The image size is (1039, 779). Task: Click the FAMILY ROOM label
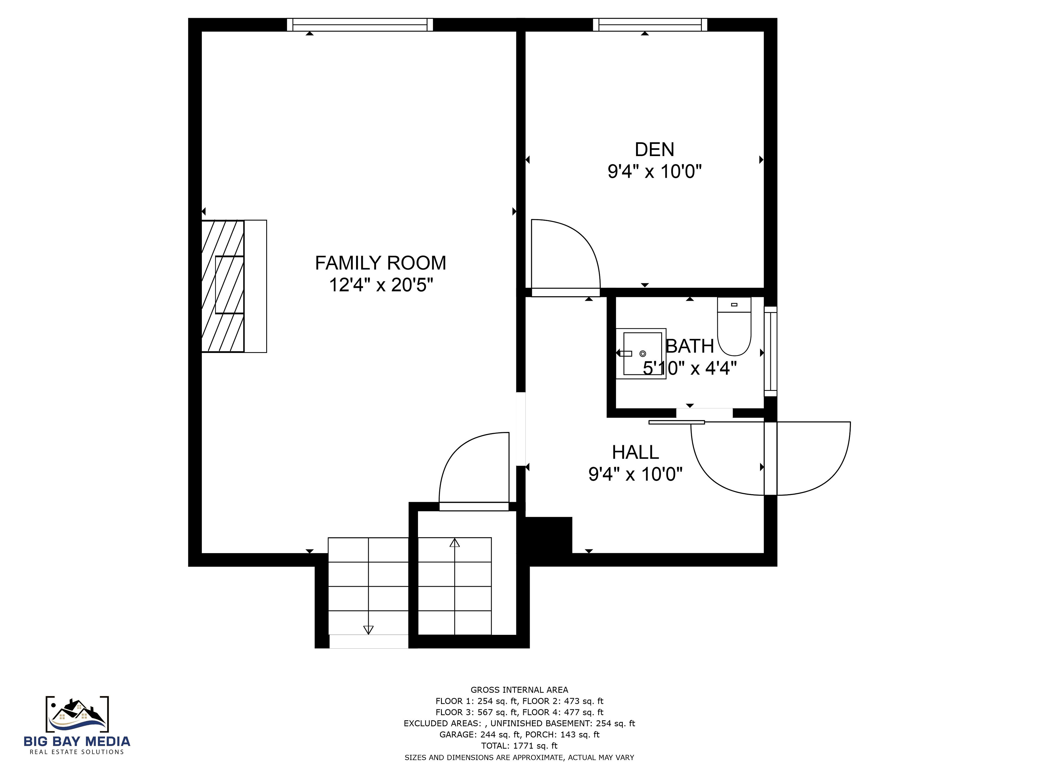(x=380, y=263)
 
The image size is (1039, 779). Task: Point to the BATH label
(x=689, y=346)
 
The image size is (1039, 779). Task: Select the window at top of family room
(x=360, y=24)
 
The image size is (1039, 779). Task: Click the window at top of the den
(x=650, y=24)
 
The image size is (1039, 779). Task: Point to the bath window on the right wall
(x=771, y=351)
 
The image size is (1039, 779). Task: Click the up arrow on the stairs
(x=454, y=543)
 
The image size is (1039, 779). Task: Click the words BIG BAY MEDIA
(x=77, y=741)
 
